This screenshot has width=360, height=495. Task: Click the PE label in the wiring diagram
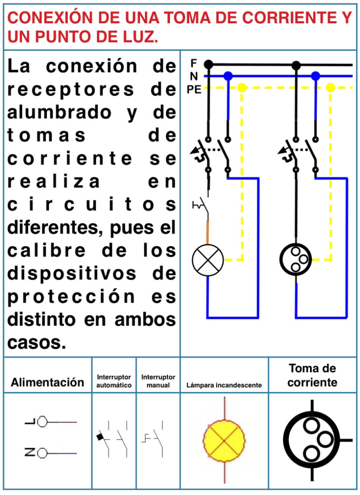[194, 90]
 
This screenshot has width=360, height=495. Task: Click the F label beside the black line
[194, 63]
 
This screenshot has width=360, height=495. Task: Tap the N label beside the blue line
[194, 76]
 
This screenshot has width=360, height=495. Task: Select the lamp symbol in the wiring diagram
[208, 260]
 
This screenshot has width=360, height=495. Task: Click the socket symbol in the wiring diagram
[296, 259]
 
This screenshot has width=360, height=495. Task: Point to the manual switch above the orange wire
[201, 206]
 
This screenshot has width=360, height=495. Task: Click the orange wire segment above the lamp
[208, 232]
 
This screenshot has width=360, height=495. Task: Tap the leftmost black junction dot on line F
[208, 65]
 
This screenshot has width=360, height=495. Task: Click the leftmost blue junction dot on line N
[228, 76]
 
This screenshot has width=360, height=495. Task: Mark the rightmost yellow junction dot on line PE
[330, 88]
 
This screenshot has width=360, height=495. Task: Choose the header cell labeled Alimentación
[48, 382]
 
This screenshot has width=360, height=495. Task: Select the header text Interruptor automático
[114, 381]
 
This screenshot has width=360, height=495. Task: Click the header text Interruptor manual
[158, 381]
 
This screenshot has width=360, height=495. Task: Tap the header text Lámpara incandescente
[224, 385]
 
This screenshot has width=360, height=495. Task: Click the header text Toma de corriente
[312, 375]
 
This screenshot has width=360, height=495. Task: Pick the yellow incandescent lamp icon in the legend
[224, 440]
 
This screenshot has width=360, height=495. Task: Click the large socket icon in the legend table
[312, 440]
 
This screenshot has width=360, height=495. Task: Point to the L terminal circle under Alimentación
[42, 422]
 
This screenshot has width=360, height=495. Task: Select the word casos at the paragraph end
[37, 342]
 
